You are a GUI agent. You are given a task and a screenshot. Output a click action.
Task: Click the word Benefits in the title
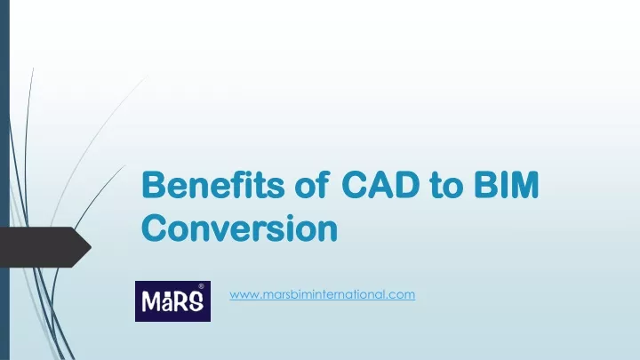coord(212,185)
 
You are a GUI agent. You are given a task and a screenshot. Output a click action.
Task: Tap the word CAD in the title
coord(380,185)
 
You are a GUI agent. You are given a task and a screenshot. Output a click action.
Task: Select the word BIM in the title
coord(507,185)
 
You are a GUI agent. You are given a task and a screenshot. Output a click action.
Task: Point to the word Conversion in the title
coord(240,228)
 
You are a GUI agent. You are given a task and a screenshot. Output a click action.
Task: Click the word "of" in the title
coord(312,185)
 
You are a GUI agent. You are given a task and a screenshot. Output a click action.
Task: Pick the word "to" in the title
coord(446,186)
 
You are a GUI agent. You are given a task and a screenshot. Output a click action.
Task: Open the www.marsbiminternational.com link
coord(322,294)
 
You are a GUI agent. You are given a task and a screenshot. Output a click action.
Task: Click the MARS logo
coord(173,301)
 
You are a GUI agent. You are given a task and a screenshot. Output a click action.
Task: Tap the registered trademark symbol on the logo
coord(201,286)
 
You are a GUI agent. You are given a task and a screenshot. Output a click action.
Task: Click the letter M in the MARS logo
coord(150,302)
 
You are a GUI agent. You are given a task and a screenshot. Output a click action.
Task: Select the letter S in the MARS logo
coord(196,302)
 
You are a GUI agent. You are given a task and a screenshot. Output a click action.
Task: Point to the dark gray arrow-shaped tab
coord(45,247)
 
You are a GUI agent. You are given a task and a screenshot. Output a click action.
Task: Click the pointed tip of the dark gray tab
coord(91,247)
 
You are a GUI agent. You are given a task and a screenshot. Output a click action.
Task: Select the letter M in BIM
coord(524,185)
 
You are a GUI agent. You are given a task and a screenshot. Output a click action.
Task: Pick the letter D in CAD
coord(406,185)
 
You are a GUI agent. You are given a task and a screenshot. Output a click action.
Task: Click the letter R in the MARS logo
coord(180,302)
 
